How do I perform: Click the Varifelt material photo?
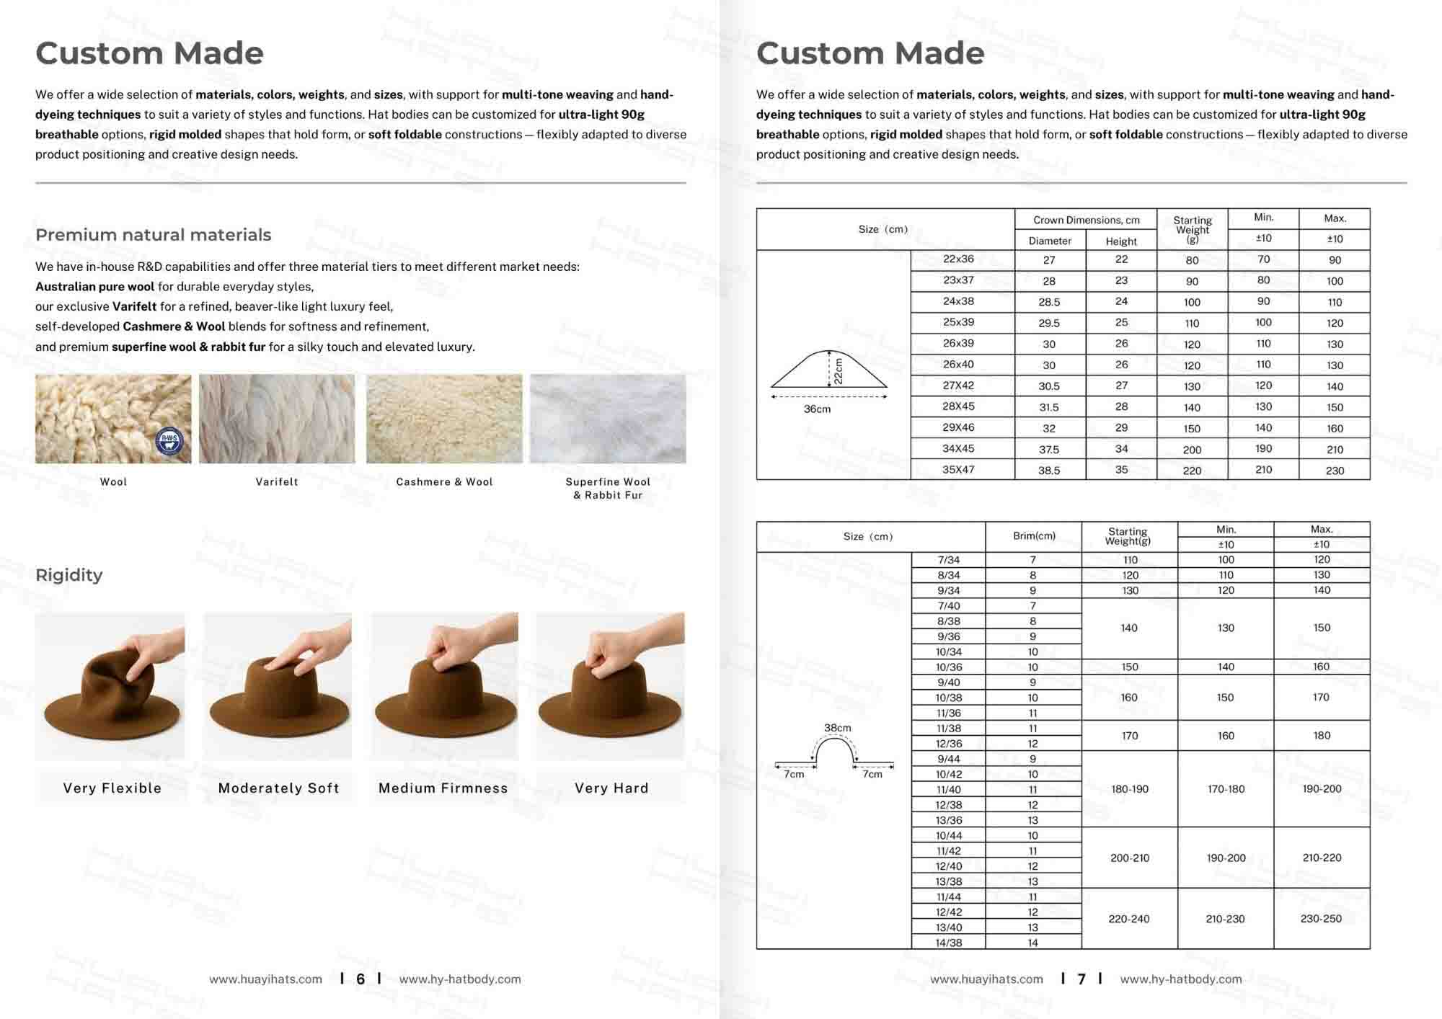[277, 419]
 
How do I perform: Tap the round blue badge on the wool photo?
[169, 441]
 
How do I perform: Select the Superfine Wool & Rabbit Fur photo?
[608, 419]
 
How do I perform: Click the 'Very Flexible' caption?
[112, 788]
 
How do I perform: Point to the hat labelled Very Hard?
[611, 692]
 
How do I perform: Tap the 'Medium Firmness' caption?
[443, 788]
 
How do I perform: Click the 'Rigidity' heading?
[69, 575]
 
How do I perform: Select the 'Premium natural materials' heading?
[154, 235]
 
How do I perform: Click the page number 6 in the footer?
[360, 979]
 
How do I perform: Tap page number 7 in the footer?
[1081, 979]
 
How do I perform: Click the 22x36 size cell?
[958, 259]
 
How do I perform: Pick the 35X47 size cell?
[958, 470]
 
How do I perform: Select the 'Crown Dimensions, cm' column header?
[1086, 220]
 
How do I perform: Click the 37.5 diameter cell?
[1049, 449]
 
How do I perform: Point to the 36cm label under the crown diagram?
[817, 409]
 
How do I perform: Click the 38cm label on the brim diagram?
[837, 729]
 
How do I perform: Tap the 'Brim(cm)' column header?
[1034, 536]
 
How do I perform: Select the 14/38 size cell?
[949, 943]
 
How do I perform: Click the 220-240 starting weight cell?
[1129, 919]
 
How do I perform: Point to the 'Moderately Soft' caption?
[278, 788]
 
